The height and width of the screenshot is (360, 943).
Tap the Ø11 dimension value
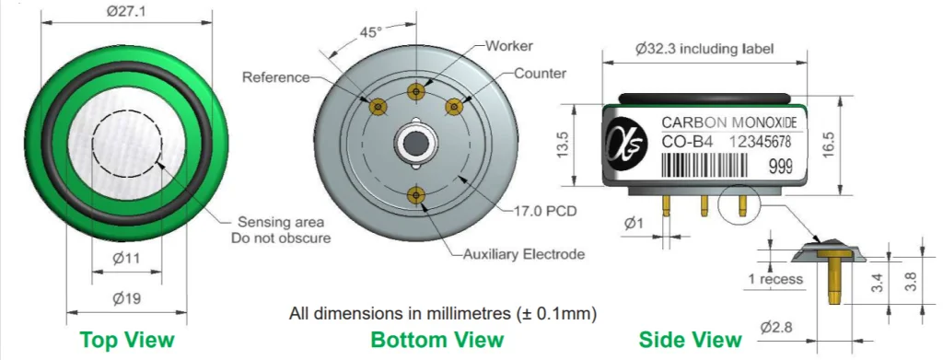pyautogui.click(x=126, y=259)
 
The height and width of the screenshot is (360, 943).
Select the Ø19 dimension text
pyautogui.click(x=126, y=298)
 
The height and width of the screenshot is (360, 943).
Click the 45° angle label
pyautogui.click(x=371, y=32)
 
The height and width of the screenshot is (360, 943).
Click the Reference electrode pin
pyautogui.click(x=378, y=107)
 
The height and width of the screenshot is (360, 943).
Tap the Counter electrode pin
pyautogui.click(x=453, y=107)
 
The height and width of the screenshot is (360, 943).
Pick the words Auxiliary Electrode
pyautogui.click(x=524, y=254)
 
